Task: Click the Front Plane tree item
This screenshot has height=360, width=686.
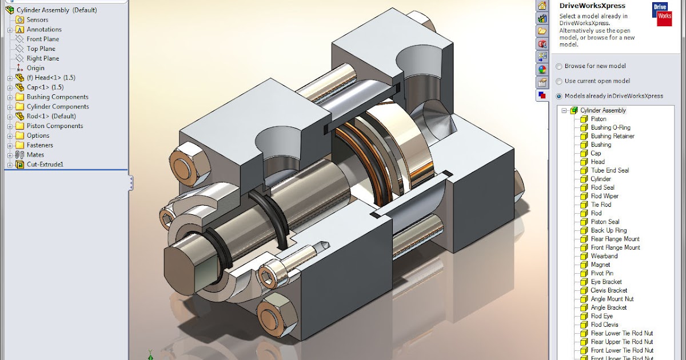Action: (42, 39)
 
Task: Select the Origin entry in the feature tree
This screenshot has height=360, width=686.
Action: (35, 68)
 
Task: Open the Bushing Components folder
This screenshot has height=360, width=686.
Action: (57, 97)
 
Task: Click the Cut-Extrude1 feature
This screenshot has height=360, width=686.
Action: (45, 165)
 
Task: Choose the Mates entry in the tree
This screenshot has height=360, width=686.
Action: (35, 155)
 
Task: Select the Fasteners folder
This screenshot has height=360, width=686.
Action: (39, 145)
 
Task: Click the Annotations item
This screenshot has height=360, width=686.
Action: (43, 29)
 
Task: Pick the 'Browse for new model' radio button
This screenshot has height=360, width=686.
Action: (559, 66)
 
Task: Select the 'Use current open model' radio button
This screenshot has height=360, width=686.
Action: (559, 81)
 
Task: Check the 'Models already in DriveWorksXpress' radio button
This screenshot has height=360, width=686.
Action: (559, 96)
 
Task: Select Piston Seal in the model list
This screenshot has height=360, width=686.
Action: (605, 222)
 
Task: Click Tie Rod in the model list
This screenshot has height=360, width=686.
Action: (601, 205)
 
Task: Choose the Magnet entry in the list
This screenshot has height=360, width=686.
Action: (600, 265)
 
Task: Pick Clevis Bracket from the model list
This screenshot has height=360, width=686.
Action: (609, 290)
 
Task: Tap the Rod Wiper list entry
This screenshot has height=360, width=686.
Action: (604, 196)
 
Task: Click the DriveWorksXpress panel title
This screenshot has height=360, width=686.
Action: (592, 6)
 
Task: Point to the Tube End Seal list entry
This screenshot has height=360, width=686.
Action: (609, 170)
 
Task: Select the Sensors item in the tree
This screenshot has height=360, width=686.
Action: (37, 19)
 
